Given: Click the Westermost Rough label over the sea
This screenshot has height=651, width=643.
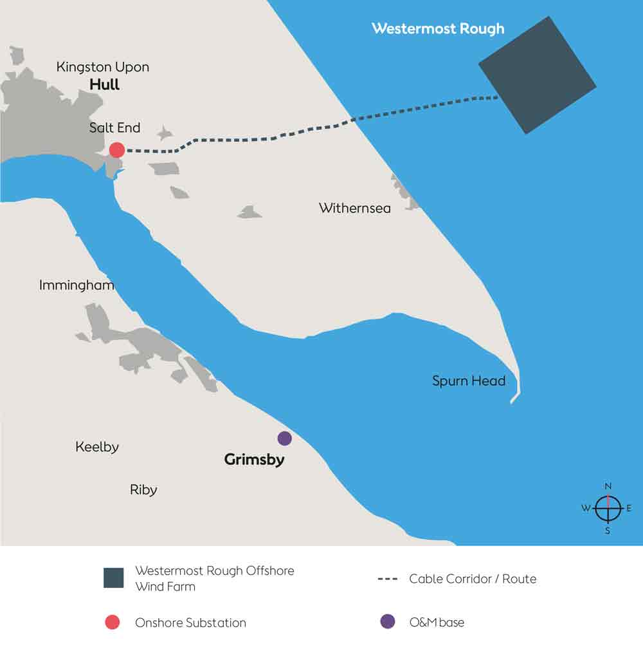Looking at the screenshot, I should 438,29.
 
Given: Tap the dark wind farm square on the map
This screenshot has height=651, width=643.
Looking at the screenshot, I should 538,75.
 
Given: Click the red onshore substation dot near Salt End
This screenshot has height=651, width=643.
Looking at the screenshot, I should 116,150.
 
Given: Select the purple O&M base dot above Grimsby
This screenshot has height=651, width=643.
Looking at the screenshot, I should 284,439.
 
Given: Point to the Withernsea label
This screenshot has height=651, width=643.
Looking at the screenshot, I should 354,209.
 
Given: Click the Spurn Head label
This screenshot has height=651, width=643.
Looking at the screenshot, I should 469,381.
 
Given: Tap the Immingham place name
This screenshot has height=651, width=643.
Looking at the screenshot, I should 77,285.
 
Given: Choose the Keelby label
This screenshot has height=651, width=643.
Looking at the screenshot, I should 97,447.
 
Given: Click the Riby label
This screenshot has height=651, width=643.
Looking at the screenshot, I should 143,490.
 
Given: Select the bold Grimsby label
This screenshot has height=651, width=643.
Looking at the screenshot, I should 254,460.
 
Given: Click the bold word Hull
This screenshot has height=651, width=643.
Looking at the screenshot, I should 105,84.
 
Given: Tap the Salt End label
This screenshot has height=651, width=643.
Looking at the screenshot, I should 114,128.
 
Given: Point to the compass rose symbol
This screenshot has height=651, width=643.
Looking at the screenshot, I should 608,509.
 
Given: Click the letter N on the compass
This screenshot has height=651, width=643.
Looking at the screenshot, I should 608,486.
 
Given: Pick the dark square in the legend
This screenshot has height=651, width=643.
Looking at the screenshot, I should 113,578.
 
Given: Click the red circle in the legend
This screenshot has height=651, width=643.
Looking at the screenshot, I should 113,622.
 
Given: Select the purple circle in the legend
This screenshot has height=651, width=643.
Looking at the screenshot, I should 387,622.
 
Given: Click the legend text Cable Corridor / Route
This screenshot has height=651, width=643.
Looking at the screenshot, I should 473,579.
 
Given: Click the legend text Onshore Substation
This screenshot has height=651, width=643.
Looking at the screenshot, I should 190,623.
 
